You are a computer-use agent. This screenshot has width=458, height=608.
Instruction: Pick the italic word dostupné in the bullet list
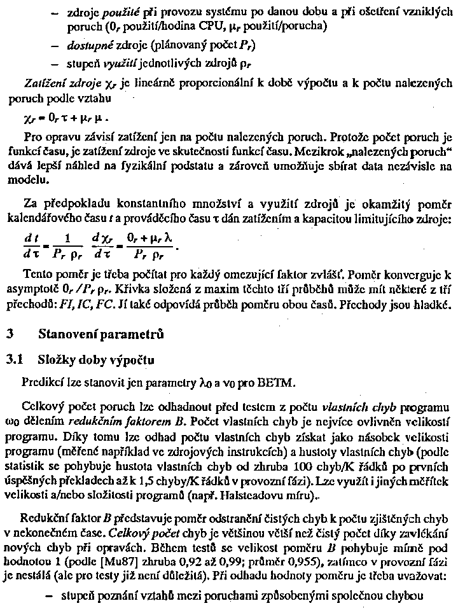pos(87,46)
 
